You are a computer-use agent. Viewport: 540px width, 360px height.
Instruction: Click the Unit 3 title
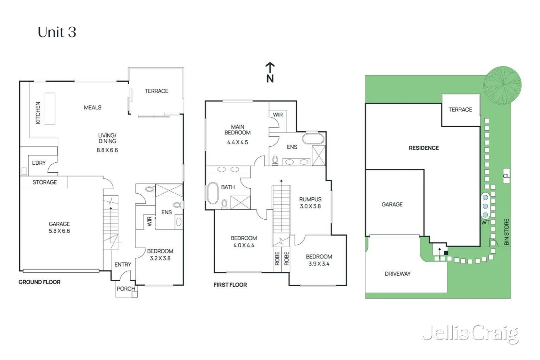pyautogui.click(x=57, y=32)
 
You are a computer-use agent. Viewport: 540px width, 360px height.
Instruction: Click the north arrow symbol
pyautogui.click(x=270, y=73)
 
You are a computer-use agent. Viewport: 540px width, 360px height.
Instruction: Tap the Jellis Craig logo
pyautogui.click(x=470, y=334)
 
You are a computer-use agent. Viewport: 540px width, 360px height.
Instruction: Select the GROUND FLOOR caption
pyautogui.click(x=39, y=282)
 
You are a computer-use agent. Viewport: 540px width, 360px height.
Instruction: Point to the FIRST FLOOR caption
pyautogui.click(x=230, y=285)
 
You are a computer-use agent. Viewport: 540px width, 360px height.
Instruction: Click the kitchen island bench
pyautogui.click(x=50, y=109)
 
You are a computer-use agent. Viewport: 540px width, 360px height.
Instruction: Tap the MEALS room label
pyautogui.click(x=92, y=108)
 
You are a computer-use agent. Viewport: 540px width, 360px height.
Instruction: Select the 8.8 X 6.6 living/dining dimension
pyautogui.click(x=107, y=150)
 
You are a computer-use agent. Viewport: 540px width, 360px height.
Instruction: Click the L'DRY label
pyautogui.click(x=39, y=163)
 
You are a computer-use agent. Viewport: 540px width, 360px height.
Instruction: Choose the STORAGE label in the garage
pyautogui.click(x=45, y=183)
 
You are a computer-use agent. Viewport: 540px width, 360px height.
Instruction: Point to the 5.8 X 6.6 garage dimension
pyautogui.click(x=59, y=231)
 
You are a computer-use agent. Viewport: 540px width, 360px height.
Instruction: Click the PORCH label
pyautogui.click(x=126, y=289)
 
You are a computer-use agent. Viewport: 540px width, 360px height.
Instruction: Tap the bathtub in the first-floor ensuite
pyautogui.click(x=313, y=139)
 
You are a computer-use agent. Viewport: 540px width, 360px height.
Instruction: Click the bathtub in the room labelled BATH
pyautogui.click(x=213, y=193)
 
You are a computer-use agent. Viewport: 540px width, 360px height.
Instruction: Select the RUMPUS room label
pyautogui.click(x=310, y=199)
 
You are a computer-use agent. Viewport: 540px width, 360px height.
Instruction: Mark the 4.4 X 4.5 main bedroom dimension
pyautogui.click(x=238, y=142)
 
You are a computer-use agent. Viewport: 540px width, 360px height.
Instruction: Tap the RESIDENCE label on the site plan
pyautogui.click(x=424, y=148)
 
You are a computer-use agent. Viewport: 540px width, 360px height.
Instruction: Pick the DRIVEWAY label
pyautogui.click(x=398, y=274)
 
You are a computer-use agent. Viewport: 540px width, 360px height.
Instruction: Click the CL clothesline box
pyautogui.click(x=507, y=176)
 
